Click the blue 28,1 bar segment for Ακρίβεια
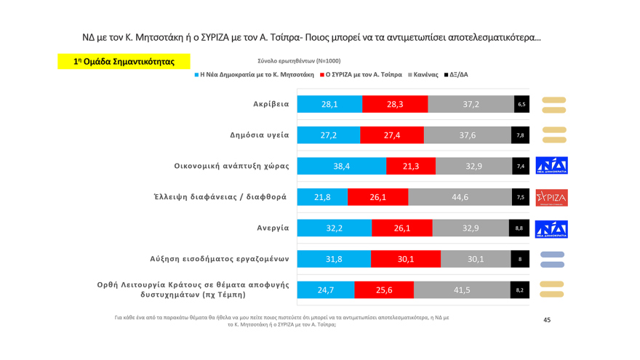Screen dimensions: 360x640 click(x=329, y=104)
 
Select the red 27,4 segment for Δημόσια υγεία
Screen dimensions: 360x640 click(x=391, y=135)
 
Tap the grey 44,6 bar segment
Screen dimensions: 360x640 click(x=460, y=197)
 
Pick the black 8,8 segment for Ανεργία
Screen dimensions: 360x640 click(x=519, y=228)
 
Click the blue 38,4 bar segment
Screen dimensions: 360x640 click(x=341, y=166)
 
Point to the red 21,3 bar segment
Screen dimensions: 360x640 click(x=411, y=166)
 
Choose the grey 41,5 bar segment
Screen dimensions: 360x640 click(x=462, y=290)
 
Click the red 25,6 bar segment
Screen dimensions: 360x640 click(x=384, y=290)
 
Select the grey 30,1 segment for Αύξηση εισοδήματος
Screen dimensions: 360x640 click(x=476, y=259)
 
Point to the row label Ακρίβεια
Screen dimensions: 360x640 click(x=271, y=104)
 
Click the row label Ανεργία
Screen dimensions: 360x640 click(x=273, y=228)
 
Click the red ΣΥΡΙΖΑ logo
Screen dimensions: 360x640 click(x=551, y=198)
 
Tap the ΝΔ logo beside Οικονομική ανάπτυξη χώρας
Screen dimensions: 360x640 click(x=551, y=166)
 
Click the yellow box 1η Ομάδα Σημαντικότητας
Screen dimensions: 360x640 click(x=124, y=62)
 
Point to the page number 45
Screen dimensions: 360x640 click(x=547, y=320)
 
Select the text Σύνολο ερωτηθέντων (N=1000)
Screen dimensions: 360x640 click(x=299, y=61)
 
